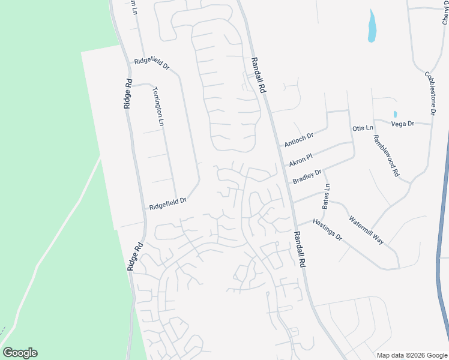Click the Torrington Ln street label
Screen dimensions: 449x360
(x=158, y=106)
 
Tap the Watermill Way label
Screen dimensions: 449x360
(x=366, y=229)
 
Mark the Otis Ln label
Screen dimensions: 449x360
(x=363, y=128)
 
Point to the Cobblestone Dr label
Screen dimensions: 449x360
(x=430, y=93)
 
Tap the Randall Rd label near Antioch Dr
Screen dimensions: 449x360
(x=258, y=74)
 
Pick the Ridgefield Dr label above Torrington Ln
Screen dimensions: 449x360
(x=152, y=61)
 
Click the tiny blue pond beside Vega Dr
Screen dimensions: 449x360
(x=395, y=114)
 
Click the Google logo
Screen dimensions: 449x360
(x=20, y=353)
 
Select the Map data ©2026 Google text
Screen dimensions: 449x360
(x=411, y=355)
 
